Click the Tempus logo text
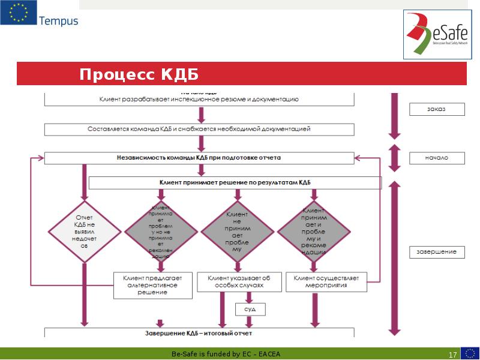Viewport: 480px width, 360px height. coord(58,21)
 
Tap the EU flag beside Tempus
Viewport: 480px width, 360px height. coord(17,14)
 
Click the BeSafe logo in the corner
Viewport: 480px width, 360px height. coord(436,35)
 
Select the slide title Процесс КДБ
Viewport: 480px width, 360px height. coord(139,74)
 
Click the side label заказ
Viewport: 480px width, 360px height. coord(437,109)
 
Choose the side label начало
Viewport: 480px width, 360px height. coord(437,158)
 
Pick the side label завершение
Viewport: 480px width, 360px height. coord(437,252)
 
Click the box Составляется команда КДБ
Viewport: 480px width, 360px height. coord(199,128)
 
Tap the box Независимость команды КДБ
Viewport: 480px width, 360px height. coord(199,158)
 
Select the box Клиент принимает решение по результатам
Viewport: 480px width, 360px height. coord(235,182)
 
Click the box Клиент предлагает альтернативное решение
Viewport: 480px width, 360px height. coord(152,286)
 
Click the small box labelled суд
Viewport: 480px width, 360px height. coord(249,308)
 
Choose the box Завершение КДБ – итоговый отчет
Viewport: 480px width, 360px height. coord(199,332)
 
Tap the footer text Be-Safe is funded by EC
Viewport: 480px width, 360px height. coord(226,353)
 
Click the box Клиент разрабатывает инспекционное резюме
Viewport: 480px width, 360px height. coord(199,98)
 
